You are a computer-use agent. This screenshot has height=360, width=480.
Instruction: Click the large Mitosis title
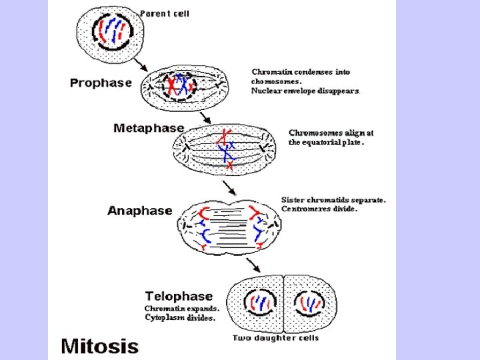100,346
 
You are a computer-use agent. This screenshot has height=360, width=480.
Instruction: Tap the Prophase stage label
101,83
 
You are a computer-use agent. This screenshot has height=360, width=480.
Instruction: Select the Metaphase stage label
149,127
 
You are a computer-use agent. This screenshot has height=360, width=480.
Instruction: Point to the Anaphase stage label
140,211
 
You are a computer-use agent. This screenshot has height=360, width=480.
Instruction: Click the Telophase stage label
179,296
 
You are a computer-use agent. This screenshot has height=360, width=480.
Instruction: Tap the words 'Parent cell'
165,13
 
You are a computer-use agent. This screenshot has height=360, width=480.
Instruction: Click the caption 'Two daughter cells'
275,338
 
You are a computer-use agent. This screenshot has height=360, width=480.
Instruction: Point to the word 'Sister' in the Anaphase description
293,199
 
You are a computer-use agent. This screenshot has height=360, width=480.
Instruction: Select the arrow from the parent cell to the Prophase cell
141,64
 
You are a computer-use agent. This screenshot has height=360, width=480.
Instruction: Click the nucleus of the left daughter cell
256,304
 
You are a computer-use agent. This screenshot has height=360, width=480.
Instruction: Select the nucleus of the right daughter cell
309,304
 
